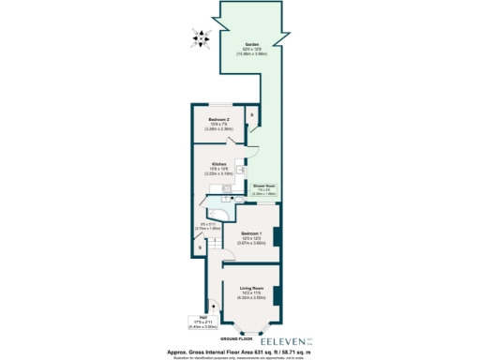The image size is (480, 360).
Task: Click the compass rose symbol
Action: [x=199, y=37]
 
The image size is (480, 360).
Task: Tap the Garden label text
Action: [x=252, y=44]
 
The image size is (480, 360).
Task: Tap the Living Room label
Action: [x=250, y=289]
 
